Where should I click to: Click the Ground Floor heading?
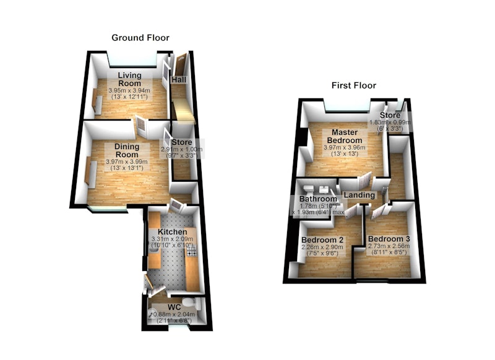tap(140, 38)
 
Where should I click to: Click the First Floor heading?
tap(354, 85)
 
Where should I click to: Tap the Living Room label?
tap(129, 79)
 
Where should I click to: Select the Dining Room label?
tap(127, 150)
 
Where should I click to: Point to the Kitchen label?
tap(173, 232)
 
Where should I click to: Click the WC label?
tap(174, 307)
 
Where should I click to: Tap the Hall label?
tap(179, 80)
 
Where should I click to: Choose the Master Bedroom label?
tap(345, 136)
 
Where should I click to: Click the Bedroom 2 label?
tap(322, 240)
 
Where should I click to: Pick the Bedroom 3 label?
tap(389, 239)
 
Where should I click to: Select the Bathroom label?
tap(318, 199)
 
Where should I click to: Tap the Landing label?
tap(359, 195)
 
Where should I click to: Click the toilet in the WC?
tap(192, 302)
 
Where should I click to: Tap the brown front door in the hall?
tap(181, 66)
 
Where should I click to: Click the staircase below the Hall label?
tap(183, 111)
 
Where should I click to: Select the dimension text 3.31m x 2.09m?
tap(173, 239)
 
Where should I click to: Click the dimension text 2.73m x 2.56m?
tap(389, 246)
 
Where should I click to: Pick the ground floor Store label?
tap(182, 142)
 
